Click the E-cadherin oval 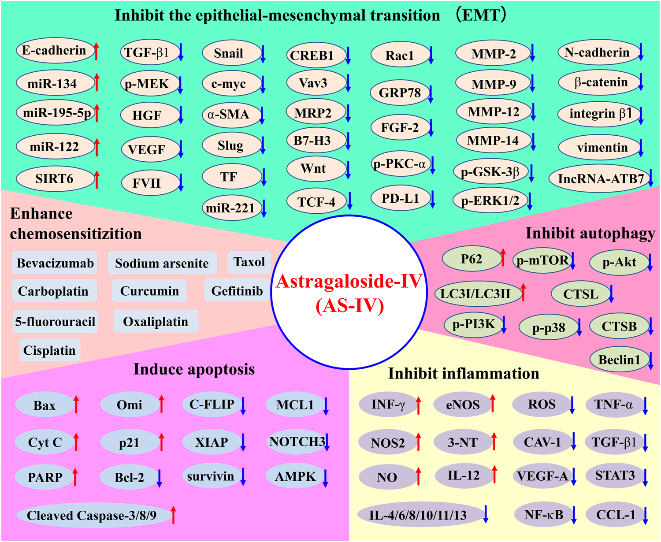(55, 50)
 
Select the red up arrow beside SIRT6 (97, 179)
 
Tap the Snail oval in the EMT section (229, 53)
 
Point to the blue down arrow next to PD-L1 (433, 199)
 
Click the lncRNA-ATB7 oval (600, 178)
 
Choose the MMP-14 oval (493, 141)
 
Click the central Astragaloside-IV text (349, 281)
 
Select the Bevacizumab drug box (55, 263)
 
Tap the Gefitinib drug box (237, 291)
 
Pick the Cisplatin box (49, 350)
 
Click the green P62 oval (471, 259)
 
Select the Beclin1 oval (619, 360)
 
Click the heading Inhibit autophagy (590, 233)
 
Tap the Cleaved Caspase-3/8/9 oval (92, 515)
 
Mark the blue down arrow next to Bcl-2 (160, 478)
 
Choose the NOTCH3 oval (297, 442)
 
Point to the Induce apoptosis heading (194, 369)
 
